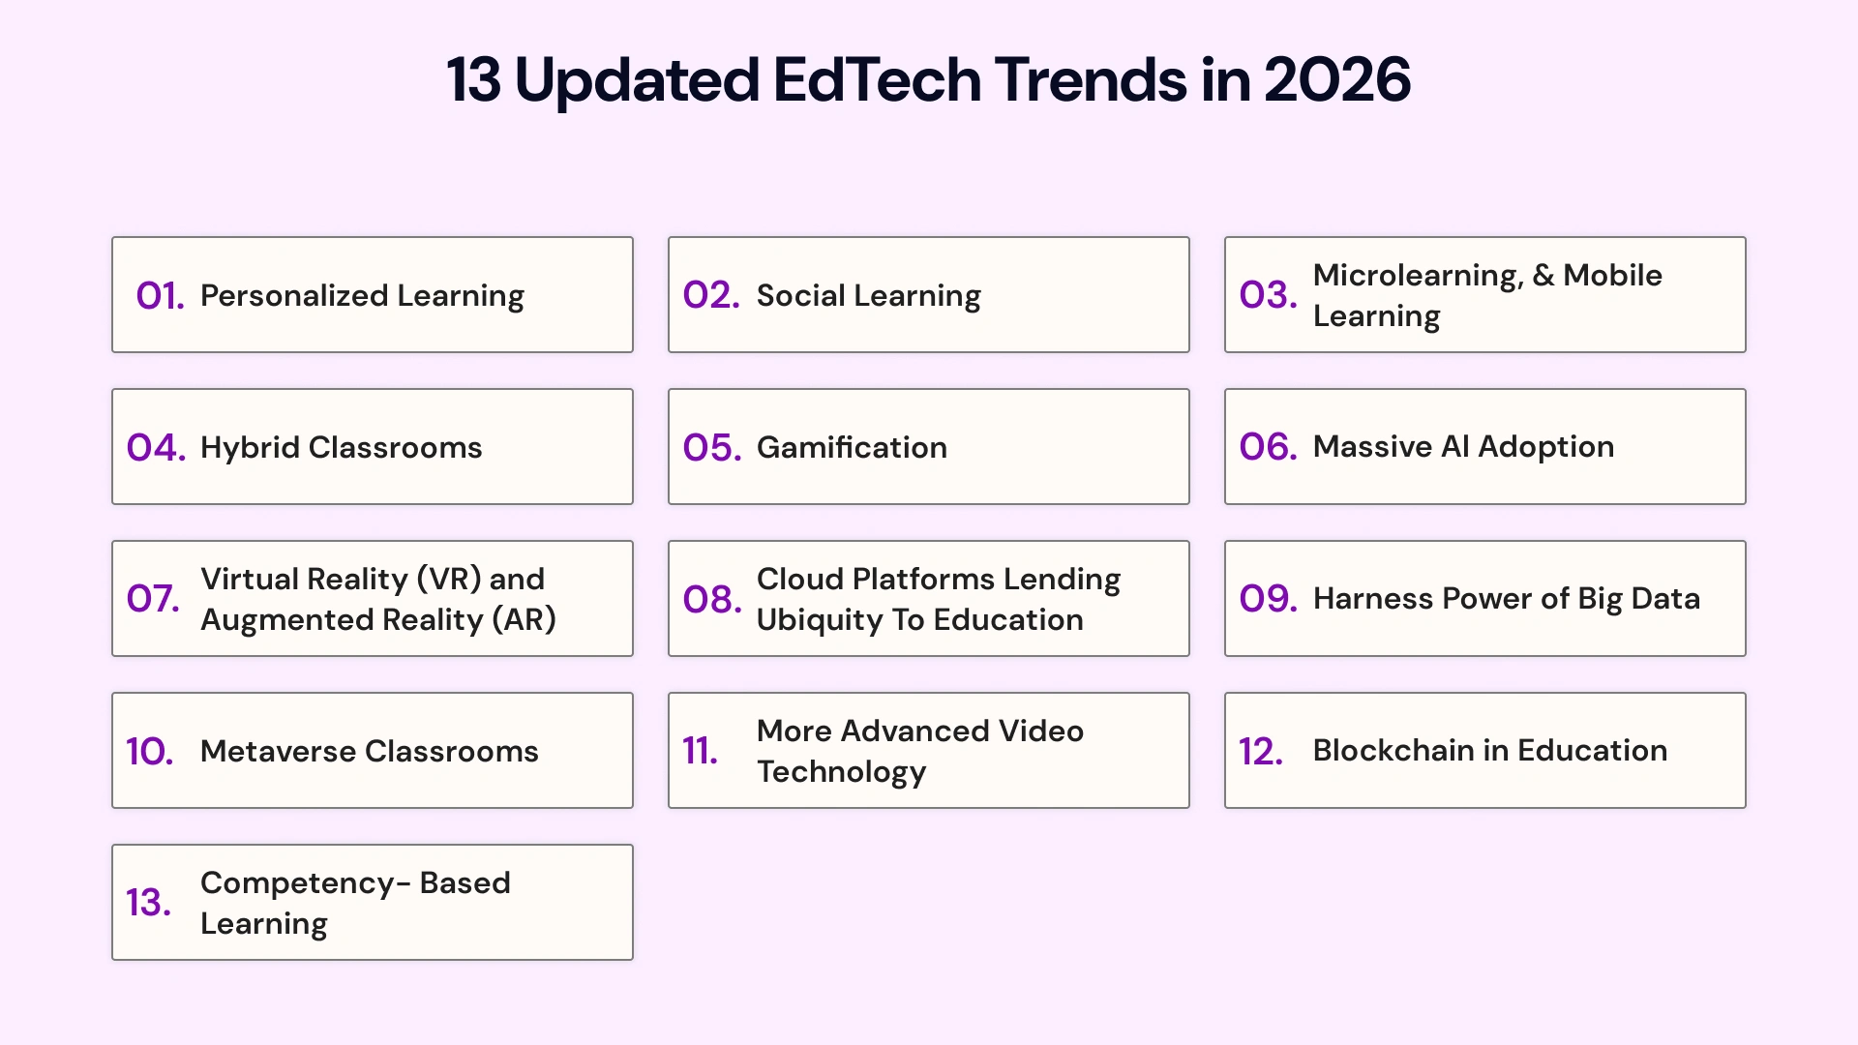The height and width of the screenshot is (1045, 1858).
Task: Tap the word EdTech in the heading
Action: coord(877,79)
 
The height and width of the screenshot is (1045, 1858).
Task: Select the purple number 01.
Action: coord(160,296)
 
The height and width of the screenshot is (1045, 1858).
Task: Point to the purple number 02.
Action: coord(711,295)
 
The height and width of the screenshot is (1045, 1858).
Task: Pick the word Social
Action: coord(800,295)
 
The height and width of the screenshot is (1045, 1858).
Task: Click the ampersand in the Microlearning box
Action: coord(1543,276)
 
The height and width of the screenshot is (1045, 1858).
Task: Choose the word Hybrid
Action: coord(250,448)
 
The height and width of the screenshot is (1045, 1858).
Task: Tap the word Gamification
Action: coord(852,447)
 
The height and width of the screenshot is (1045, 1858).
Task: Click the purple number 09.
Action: coord(1268,599)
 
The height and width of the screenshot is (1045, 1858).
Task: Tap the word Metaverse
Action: coord(278,751)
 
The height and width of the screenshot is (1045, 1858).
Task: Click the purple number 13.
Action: coord(148,903)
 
